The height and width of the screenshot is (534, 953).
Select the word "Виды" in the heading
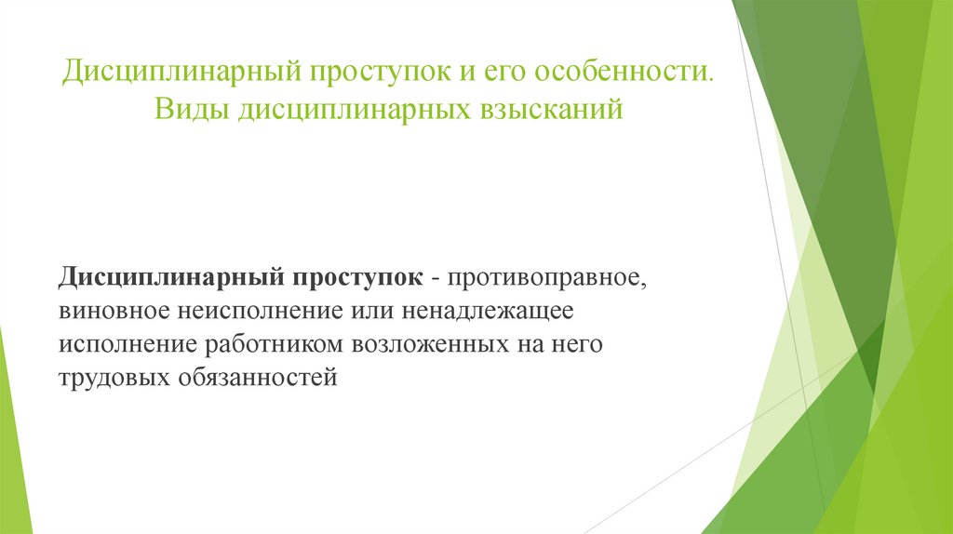[x=189, y=112]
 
